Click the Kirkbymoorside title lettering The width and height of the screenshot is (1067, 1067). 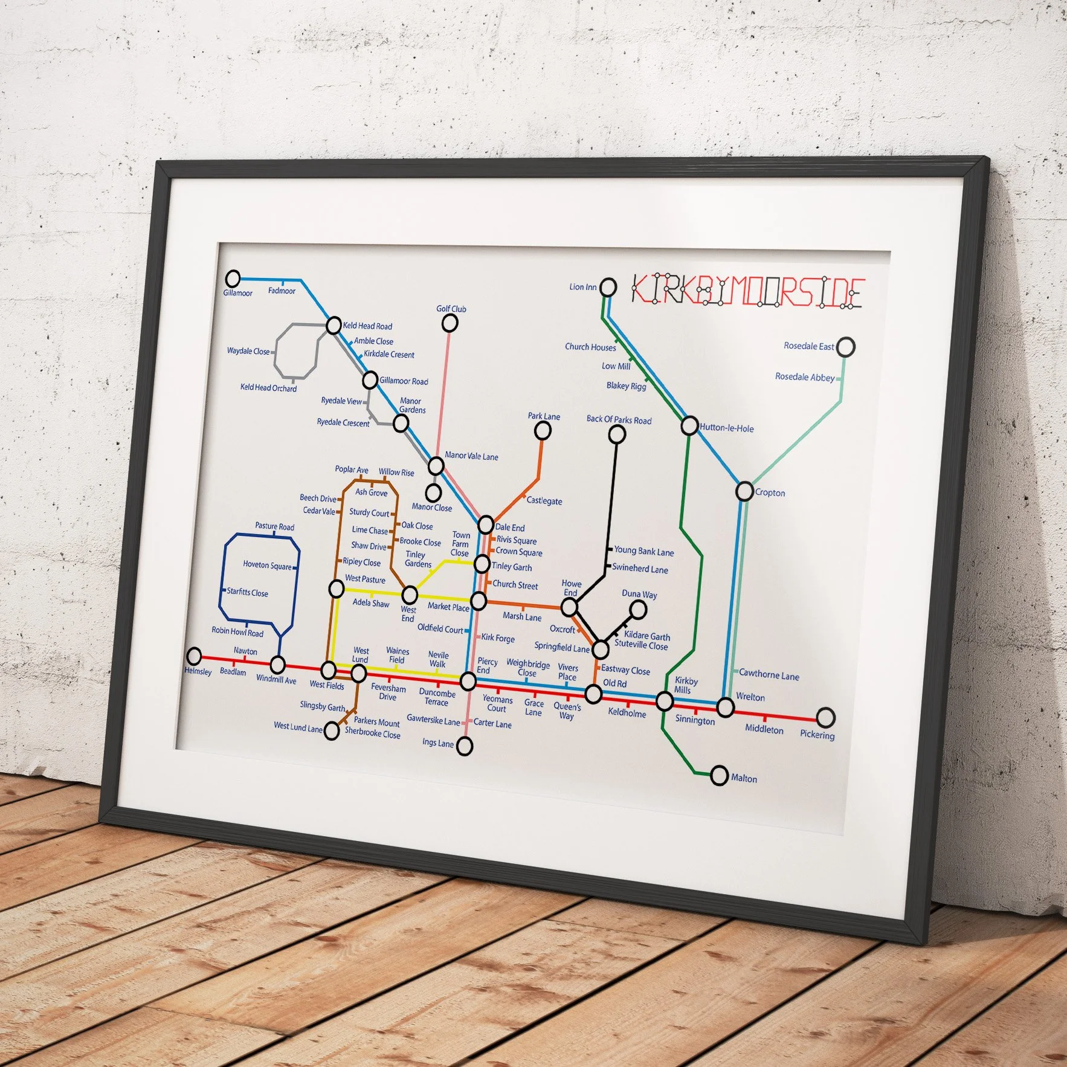(748, 292)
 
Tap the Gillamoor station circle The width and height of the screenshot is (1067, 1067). (233, 279)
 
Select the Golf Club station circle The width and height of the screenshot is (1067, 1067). (450, 323)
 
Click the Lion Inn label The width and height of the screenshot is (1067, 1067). (582, 287)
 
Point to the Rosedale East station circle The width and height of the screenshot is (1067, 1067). (846, 347)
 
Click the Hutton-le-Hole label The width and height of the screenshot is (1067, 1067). (726, 428)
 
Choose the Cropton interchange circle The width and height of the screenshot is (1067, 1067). (744, 491)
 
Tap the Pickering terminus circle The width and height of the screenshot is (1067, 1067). (825, 718)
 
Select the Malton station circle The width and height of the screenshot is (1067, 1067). (719, 775)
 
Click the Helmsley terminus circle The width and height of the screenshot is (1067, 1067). (194, 656)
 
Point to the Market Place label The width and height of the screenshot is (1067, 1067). (448, 607)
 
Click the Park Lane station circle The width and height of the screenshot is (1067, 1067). (543, 431)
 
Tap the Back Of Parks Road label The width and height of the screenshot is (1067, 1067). (619, 420)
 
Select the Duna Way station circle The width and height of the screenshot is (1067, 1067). (637, 610)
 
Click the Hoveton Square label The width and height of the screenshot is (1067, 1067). (267, 566)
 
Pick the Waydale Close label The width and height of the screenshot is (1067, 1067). (248, 351)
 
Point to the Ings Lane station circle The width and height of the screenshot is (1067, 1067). (464, 746)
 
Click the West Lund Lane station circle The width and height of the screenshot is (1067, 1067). (332, 730)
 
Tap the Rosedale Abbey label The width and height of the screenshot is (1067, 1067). (804, 377)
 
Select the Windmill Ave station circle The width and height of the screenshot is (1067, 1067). (277, 665)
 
